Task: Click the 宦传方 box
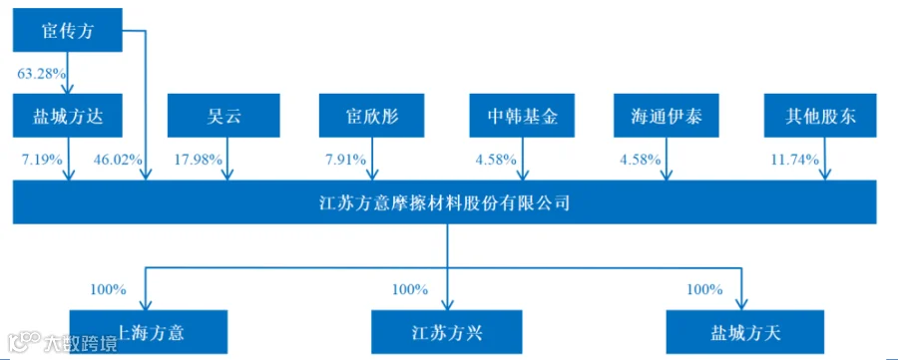pos(68,30)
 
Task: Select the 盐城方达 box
pos(68,116)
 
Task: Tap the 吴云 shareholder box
pos(224,116)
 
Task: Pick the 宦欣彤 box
pos(376,116)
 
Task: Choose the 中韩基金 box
pos(522,116)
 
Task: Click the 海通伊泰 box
pos(667,116)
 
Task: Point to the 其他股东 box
pos(820,116)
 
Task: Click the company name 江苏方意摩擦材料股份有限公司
pos(444,202)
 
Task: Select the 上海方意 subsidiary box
pos(149,332)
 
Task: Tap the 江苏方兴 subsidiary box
pos(447,332)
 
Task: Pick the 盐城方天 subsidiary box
pos(745,332)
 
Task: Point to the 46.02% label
pos(118,160)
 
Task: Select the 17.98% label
pos(199,160)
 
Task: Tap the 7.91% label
pos(345,160)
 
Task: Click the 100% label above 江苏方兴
pos(410,289)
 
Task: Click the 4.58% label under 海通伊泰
pos(641,160)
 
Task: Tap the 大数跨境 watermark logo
pos(60,342)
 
